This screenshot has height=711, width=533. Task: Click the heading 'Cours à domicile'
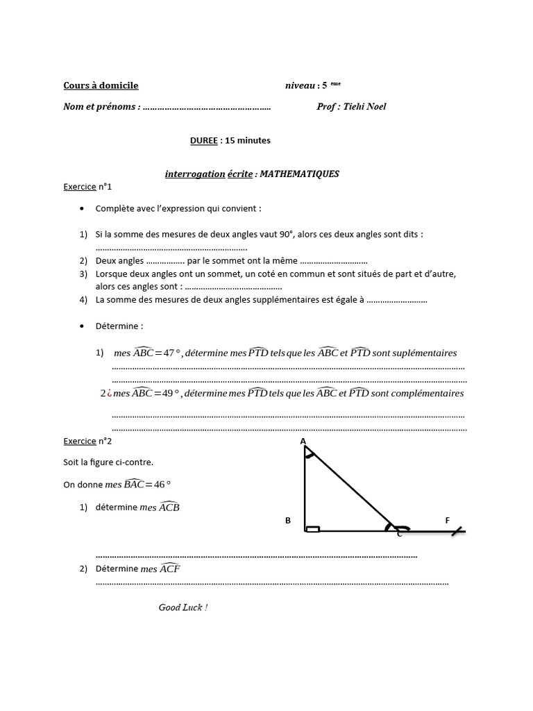101,85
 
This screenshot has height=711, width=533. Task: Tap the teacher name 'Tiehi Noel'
364,106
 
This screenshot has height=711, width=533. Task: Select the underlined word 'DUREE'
203,140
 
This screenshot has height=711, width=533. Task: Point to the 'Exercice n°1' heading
87,187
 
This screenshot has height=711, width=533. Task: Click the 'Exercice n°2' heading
87,441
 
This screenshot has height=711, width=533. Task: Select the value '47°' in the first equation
171,353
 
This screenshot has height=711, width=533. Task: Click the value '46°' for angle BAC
161,485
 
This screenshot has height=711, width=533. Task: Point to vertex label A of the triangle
303,441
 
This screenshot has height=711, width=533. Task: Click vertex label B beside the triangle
287,521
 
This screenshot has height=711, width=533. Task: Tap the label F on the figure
448,520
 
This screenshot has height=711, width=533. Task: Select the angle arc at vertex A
310,455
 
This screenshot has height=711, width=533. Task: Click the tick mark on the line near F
455,532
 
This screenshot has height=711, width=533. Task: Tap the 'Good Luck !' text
183,608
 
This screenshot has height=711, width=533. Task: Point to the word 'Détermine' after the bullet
119,326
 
